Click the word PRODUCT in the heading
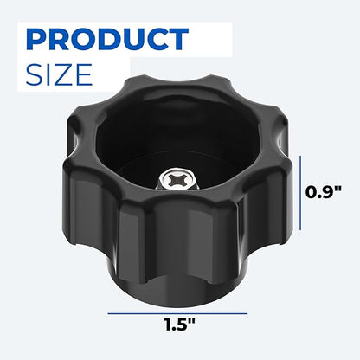(x=108, y=39)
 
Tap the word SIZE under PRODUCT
(x=59, y=74)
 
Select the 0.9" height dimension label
(x=324, y=192)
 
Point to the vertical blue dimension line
(x=300, y=193)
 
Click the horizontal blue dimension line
(x=177, y=313)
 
